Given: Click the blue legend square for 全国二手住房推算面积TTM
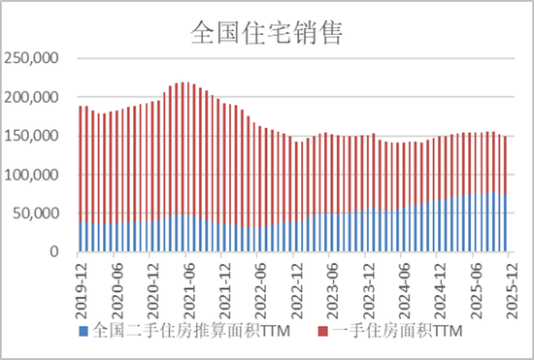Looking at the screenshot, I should pos(83,332).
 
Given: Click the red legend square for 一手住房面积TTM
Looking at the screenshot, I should pos(323,332).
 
